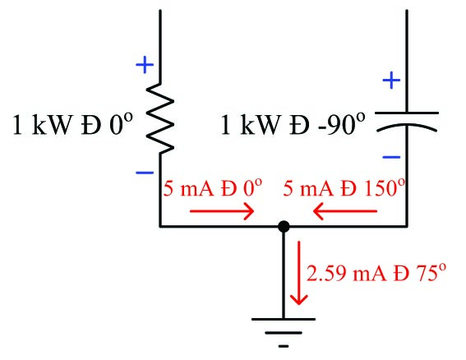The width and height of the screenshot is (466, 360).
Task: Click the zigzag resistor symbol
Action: [x=161, y=122]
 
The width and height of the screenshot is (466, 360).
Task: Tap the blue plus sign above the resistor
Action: [x=144, y=63]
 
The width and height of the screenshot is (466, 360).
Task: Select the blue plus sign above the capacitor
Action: [x=392, y=81]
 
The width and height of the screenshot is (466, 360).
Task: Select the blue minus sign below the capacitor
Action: [x=392, y=156]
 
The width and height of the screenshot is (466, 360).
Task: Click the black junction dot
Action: [x=284, y=225]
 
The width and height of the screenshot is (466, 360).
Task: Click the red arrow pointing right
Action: [x=222, y=211]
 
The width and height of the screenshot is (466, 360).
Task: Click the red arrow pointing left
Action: [x=345, y=211]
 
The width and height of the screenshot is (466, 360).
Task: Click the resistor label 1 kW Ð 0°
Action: [x=72, y=125]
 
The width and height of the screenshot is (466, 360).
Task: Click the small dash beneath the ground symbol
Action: [x=284, y=346]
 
